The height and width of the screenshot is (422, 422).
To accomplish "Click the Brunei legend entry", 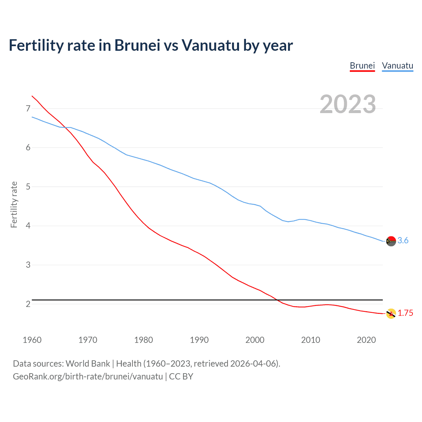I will (x=362, y=66).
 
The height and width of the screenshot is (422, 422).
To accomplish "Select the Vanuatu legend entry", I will (x=398, y=66).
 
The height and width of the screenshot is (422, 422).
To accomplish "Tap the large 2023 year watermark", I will (x=348, y=104).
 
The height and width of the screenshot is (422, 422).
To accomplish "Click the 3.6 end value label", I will (x=403, y=241).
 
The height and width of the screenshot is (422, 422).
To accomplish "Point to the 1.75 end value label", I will (x=405, y=313).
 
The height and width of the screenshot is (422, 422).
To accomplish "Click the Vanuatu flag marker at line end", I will (x=391, y=241).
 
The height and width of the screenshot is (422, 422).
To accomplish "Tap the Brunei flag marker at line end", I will (x=391, y=314).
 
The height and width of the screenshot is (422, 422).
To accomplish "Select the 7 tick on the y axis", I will (x=28, y=108).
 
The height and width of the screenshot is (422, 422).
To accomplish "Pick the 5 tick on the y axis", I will (x=28, y=187).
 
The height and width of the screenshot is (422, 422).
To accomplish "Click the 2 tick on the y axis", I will (x=28, y=304).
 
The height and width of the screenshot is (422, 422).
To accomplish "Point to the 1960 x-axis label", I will (x=32, y=340).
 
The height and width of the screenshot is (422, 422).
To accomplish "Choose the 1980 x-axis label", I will (x=143, y=340).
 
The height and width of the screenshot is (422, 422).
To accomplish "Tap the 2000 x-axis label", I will (x=255, y=340).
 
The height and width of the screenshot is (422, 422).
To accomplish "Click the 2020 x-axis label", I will (x=366, y=340).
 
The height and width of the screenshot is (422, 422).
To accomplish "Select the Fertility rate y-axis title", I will (x=14, y=204).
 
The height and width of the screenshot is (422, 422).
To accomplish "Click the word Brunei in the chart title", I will (x=137, y=45).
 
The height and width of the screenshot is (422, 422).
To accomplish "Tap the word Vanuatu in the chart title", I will (x=211, y=45).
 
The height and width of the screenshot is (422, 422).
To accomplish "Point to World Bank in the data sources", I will (x=88, y=364).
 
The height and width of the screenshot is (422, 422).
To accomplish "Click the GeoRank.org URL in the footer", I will (x=88, y=377).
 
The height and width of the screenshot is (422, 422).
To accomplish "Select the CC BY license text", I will (x=181, y=377).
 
